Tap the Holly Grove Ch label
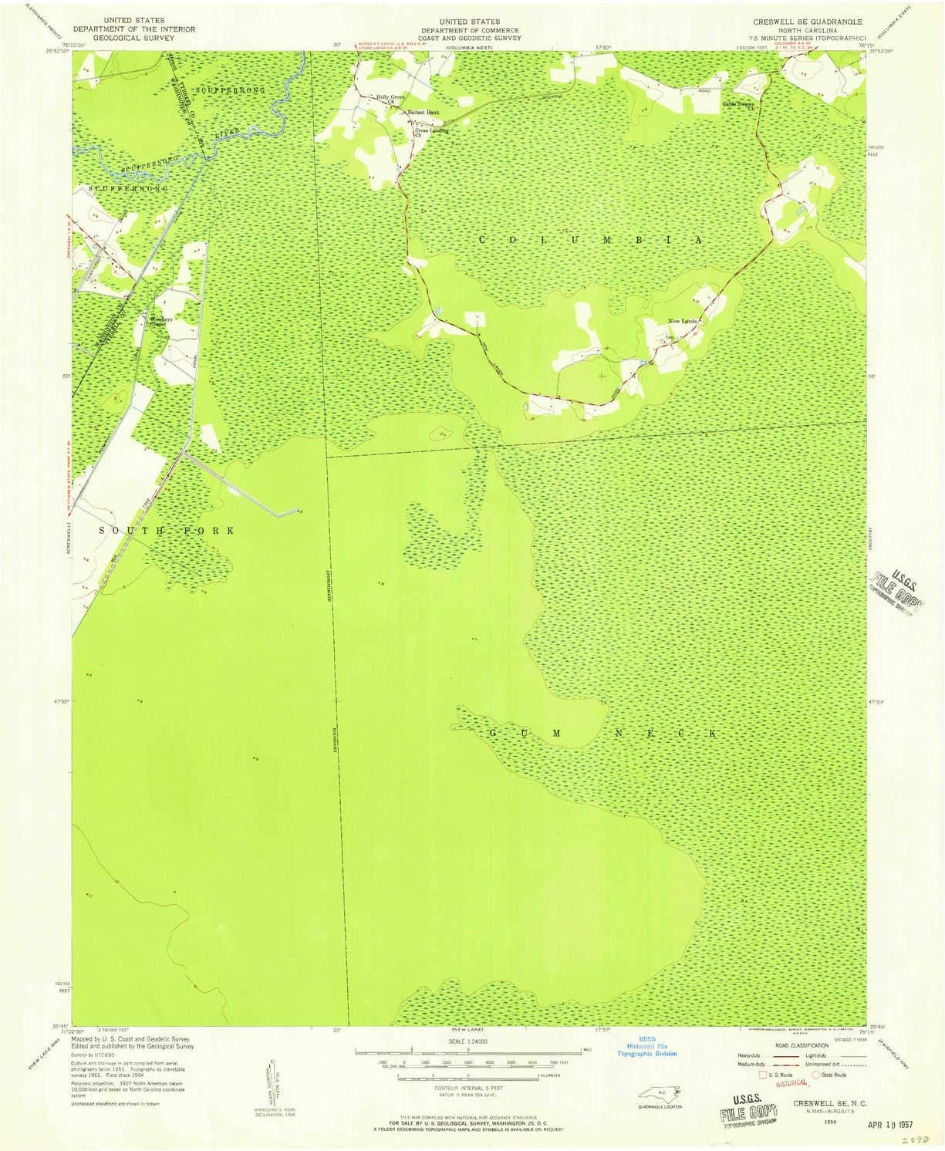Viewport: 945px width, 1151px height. (x=390, y=98)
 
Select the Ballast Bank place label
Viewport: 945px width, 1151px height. (x=424, y=113)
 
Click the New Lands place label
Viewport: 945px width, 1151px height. (x=682, y=321)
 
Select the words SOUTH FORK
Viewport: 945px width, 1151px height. (x=166, y=531)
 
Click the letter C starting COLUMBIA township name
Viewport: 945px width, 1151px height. (x=483, y=240)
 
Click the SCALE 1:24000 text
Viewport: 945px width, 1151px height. (x=467, y=1041)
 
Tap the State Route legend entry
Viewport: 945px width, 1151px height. (x=832, y=1075)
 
